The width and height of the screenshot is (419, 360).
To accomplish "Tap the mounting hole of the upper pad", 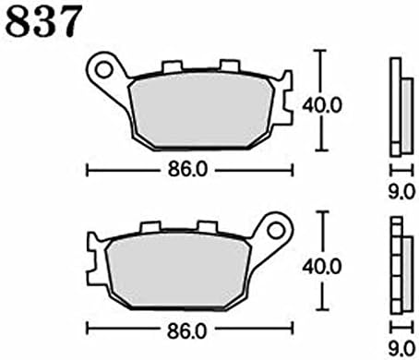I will point(103,68).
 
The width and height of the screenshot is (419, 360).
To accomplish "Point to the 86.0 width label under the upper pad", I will point(188,171).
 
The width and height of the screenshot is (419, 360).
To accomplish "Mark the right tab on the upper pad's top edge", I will point(228,68).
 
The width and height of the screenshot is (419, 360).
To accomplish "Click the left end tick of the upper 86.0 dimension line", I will point(87,171).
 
